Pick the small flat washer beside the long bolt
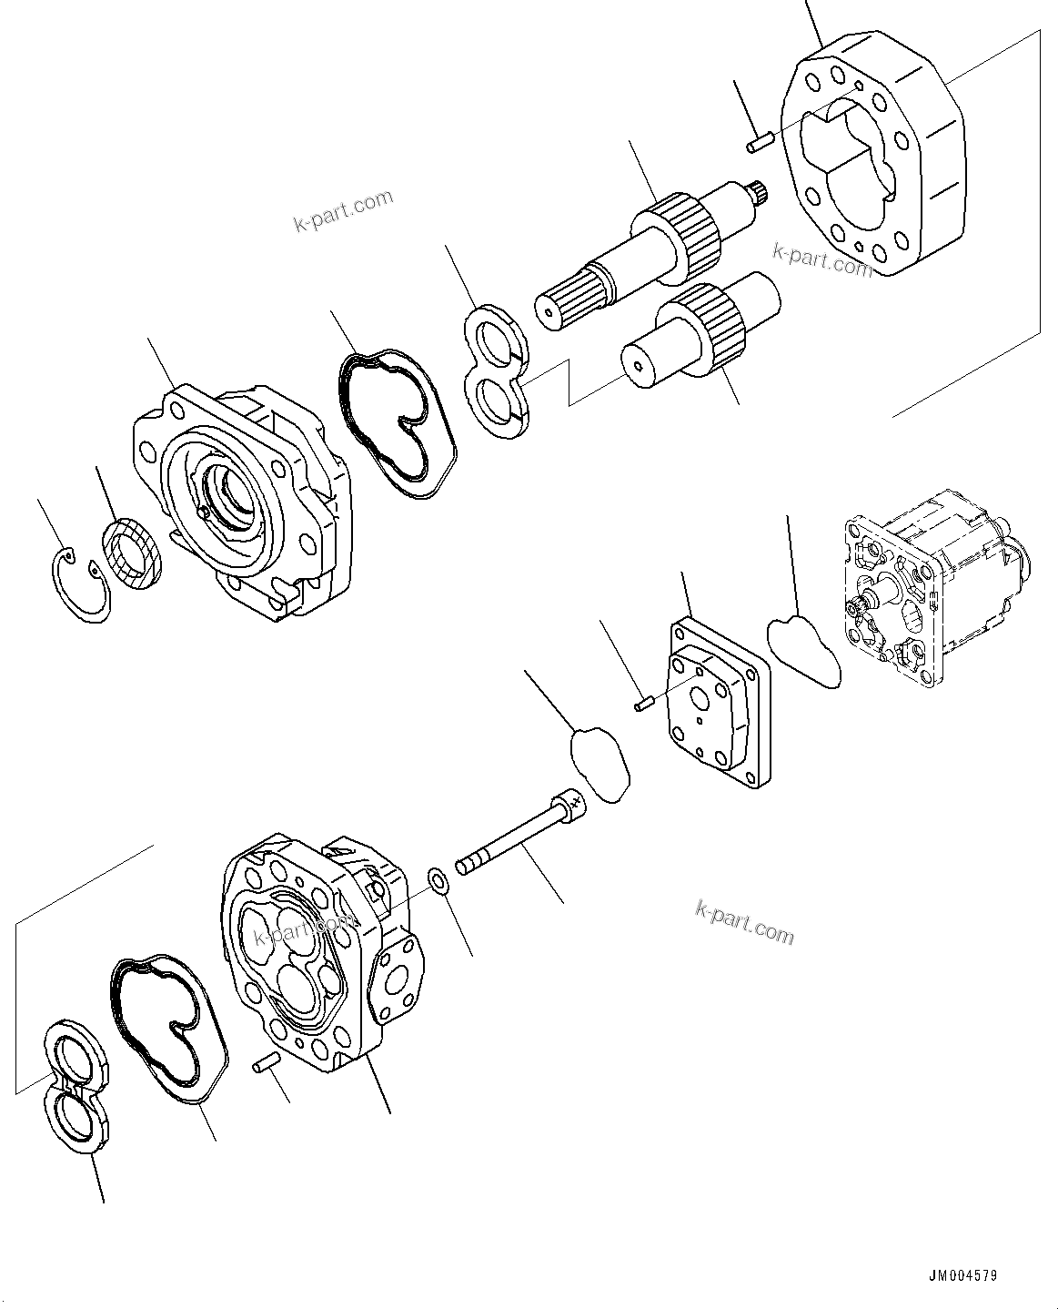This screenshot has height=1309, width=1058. coord(438,880)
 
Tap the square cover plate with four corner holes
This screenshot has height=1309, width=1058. coord(719,703)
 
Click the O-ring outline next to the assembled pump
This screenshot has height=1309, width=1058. coord(804,651)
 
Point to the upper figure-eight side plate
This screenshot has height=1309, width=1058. coord(496,373)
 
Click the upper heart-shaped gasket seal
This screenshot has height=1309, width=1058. coord(397,420)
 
